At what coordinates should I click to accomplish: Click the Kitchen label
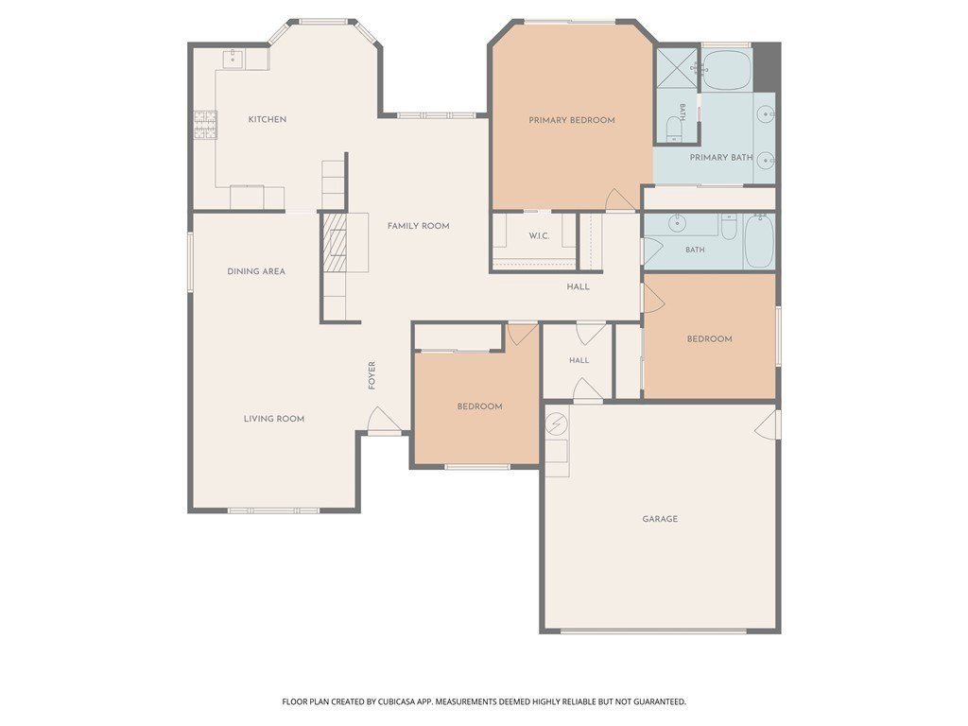pyautogui.click(x=268, y=119)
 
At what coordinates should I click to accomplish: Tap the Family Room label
pyautogui.click(x=419, y=226)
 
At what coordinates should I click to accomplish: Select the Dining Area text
pyautogui.click(x=256, y=271)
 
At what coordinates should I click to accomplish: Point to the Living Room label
pyautogui.click(x=274, y=419)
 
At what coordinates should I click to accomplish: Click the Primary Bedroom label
pyautogui.click(x=572, y=120)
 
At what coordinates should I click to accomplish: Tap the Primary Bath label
pyautogui.click(x=721, y=158)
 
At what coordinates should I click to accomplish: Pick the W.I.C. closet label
pyautogui.click(x=539, y=235)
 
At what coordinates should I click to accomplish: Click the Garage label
pyautogui.click(x=660, y=519)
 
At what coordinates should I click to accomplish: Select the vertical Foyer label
pyautogui.click(x=372, y=375)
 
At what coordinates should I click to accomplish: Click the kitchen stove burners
pyautogui.click(x=205, y=124)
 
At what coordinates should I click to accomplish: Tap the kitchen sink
pyautogui.click(x=233, y=60)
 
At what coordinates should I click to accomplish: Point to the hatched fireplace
pyautogui.click(x=334, y=242)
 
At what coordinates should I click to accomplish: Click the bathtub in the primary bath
pyautogui.click(x=727, y=69)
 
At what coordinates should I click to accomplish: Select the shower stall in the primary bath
pyautogui.click(x=676, y=69)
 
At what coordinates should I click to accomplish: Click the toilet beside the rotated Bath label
pyautogui.click(x=673, y=129)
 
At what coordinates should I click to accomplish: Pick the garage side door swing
pyautogui.click(x=767, y=424)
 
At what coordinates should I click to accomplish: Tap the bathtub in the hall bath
pyautogui.click(x=759, y=241)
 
